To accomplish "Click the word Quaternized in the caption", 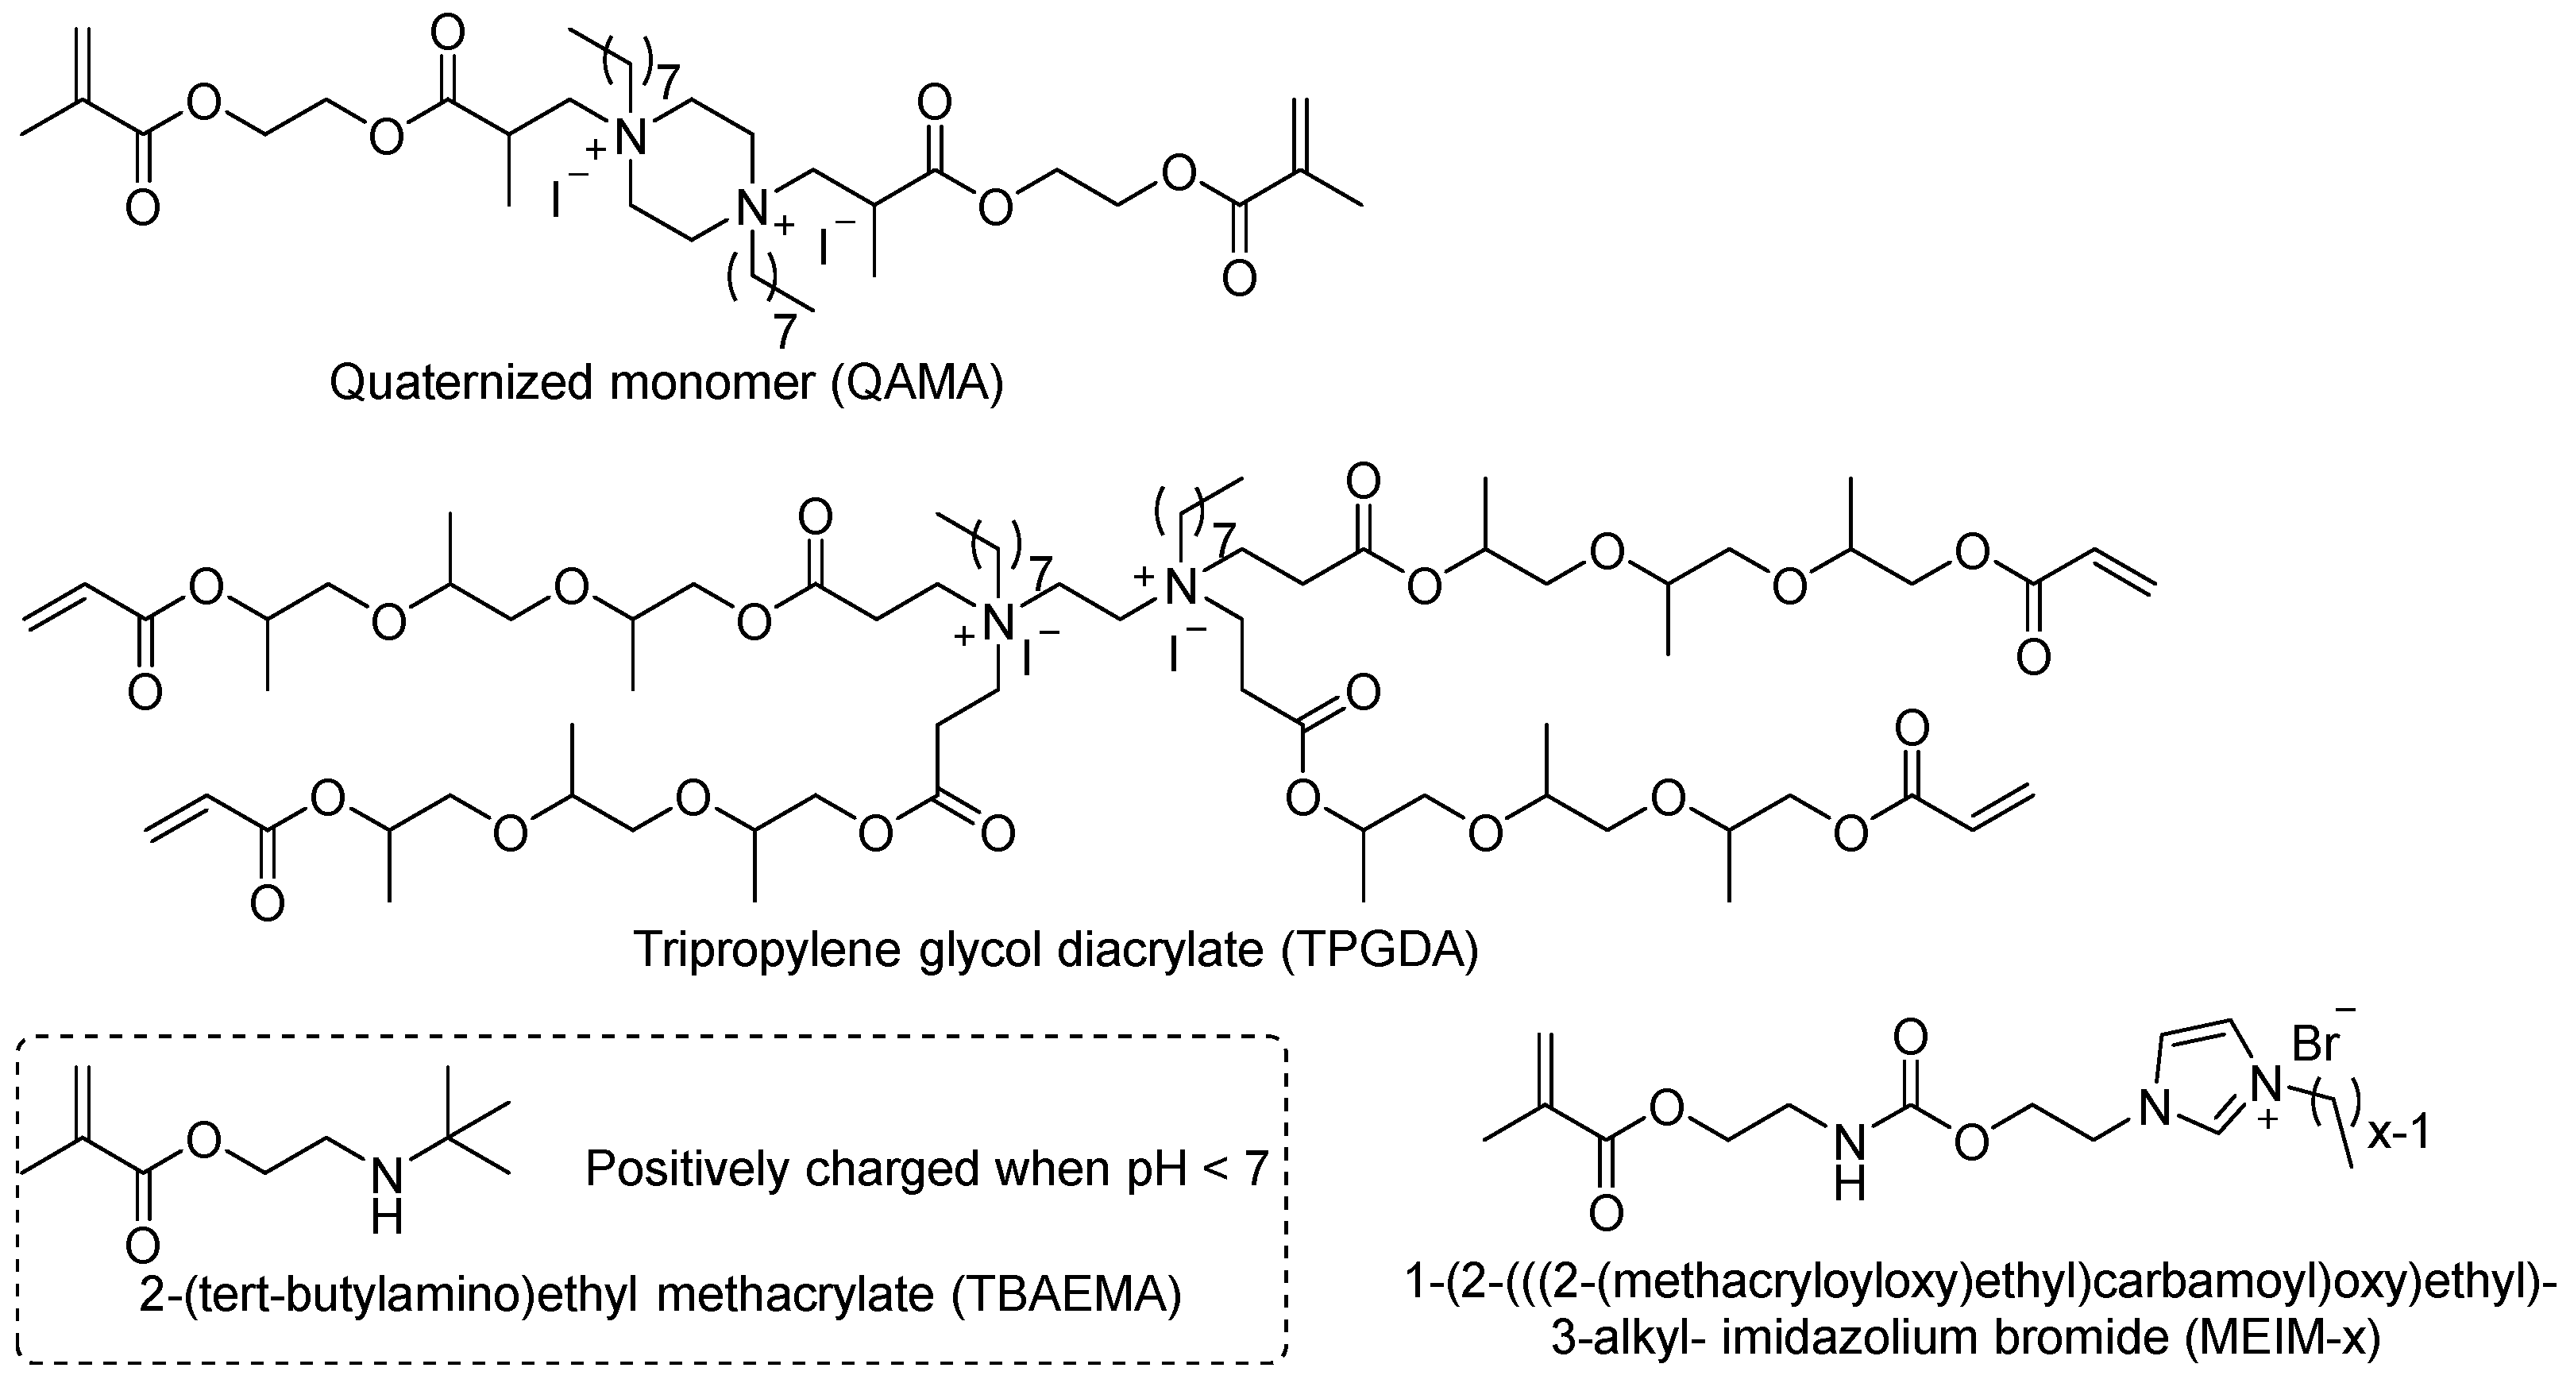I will tap(460, 384).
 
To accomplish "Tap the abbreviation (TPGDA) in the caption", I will tap(1378, 949).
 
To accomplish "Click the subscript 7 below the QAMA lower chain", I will tap(785, 330).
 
